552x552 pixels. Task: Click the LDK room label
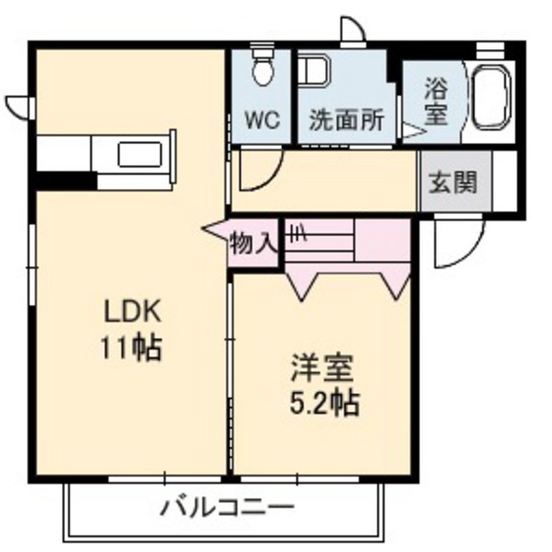132,313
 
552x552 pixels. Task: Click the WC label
262,123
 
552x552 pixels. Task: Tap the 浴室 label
436,101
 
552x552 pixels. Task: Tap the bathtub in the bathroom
493,99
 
